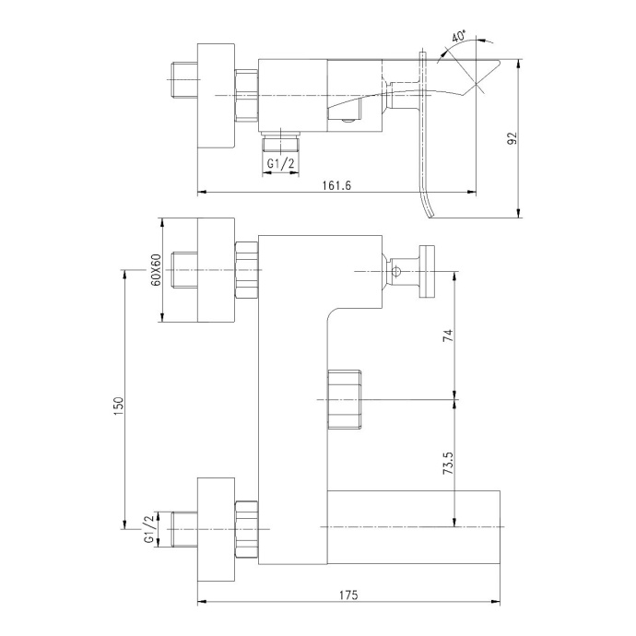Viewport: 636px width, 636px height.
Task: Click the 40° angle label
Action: [459, 38]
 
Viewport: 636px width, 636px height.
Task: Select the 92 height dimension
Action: [512, 138]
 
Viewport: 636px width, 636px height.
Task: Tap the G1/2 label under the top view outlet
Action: [282, 164]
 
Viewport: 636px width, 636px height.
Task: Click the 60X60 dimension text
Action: [156, 271]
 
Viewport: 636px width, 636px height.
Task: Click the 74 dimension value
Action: [448, 336]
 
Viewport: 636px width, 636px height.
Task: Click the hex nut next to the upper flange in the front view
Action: [247, 271]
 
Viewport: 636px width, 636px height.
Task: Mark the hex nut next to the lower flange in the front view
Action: [247, 529]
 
